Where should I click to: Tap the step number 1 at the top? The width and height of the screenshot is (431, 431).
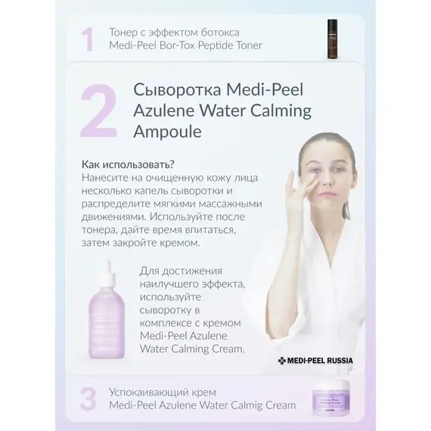click(x=89, y=39)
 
